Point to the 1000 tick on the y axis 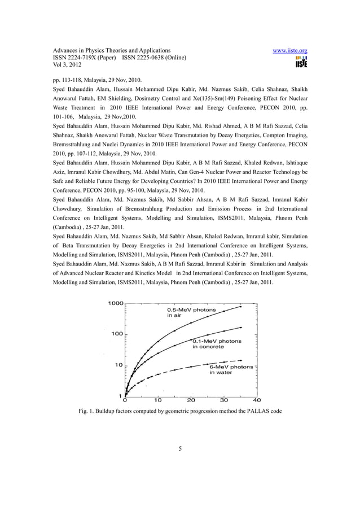click(x=116, y=303)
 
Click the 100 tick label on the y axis click(x=117, y=334)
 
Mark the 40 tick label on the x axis click(x=257, y=400)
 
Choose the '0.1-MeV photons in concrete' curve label click(x=217, y=344)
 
